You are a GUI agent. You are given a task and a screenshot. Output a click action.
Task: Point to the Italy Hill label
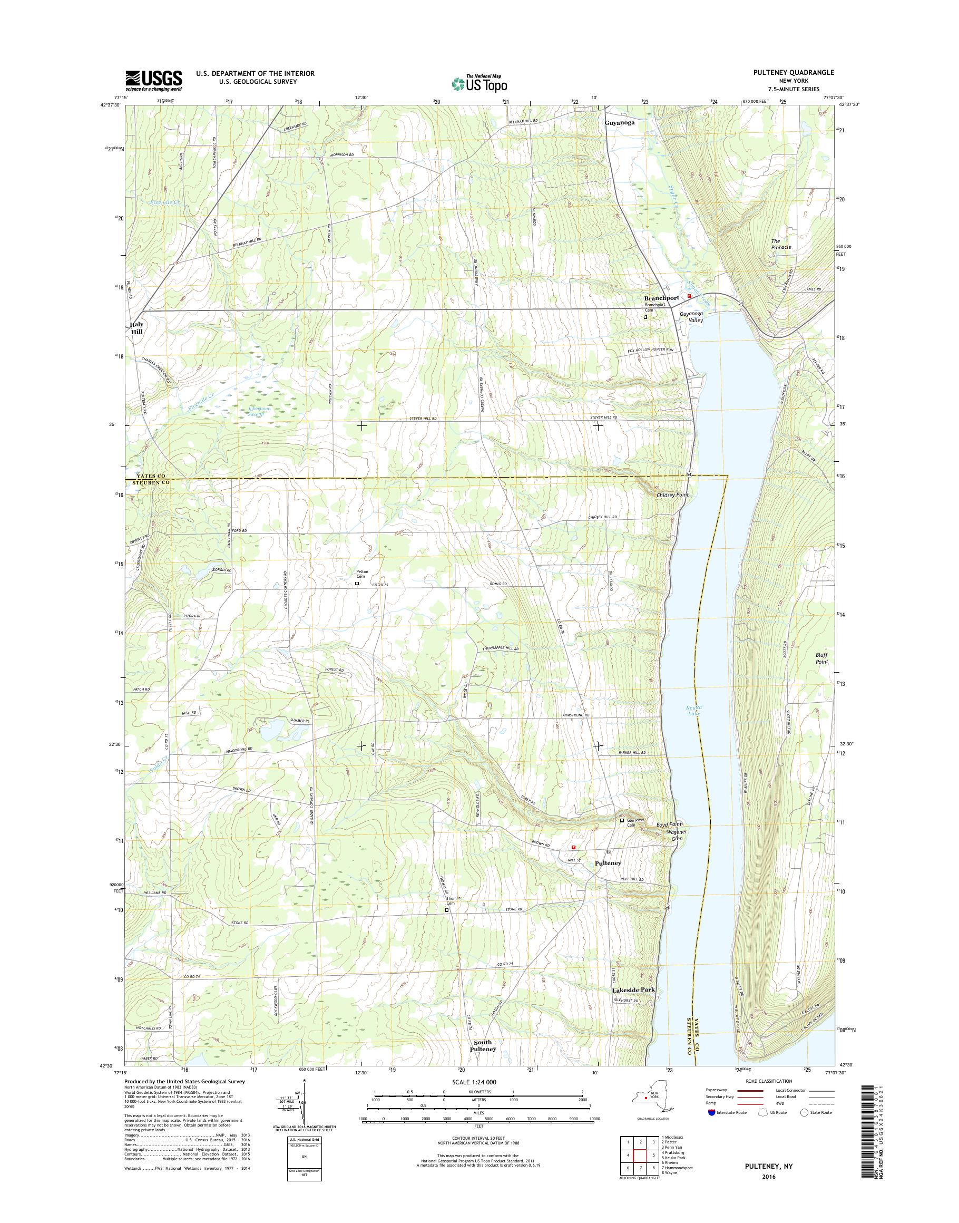coord(137,328)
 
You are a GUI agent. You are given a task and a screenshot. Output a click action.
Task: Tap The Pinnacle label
coord(781,244)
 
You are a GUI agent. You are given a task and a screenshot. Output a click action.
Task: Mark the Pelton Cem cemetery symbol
coord(357,584)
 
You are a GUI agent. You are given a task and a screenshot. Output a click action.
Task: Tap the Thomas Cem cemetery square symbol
coord(447,925)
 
